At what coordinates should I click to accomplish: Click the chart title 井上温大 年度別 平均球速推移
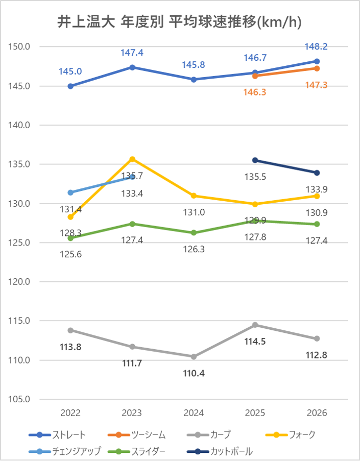[x=179, y=22]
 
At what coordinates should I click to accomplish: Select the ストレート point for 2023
[x=132, y=67]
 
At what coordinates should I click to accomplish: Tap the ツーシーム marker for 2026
[x=317, y=68]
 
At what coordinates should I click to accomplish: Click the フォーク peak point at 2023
[x=132, y=159]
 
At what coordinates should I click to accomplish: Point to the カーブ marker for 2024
[x=194, y=356]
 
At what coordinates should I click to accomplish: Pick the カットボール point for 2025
[x=255, y=160]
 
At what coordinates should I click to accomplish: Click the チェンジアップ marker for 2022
[x=70, y=192]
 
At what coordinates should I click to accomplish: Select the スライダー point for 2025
[x=255, y=221]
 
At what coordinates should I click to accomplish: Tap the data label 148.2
[x=317, y=46]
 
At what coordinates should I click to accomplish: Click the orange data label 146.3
[x=255, y=92]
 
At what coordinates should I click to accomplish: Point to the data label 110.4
[x=194, y=373]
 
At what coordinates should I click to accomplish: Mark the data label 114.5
[x=255, y=342]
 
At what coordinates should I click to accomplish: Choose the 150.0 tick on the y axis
[x=20, y=47]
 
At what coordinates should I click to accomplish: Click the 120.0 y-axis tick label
[x=20, y=282]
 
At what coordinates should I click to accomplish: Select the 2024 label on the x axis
[x=194, y=413]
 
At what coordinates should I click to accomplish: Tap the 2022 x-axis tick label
[x=70, y=413]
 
